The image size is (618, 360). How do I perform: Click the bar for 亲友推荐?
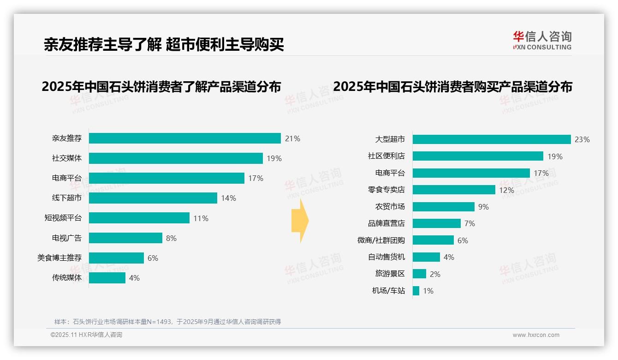click(184, 138)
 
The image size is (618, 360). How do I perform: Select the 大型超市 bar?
click(492, 139)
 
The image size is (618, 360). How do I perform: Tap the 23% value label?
click(582, 139)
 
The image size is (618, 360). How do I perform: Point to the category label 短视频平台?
click(63, 218)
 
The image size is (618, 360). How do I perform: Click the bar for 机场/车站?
click(416, 291)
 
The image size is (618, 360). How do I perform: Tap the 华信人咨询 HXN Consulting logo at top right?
click(542, 40)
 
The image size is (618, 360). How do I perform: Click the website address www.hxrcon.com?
click(536, 335)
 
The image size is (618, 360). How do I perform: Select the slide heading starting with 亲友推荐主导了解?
click(164, 44)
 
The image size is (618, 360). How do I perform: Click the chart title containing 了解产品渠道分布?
click(161, 87)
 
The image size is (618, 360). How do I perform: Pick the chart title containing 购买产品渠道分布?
click(452, 87)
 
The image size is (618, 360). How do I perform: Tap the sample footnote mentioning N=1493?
click(167, 322)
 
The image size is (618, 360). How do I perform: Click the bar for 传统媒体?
click(107, 278)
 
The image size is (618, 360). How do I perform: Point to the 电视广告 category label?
click(67, 238)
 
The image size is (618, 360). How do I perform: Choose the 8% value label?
click(171, 238)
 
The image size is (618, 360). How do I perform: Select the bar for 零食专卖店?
click(454, 190)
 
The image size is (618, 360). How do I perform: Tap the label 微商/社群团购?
click(381, 240)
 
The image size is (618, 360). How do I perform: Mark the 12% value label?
click(506, 190)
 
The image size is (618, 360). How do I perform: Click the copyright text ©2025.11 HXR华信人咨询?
click(86, 335)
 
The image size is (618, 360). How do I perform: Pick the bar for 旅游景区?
click(419, 274)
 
